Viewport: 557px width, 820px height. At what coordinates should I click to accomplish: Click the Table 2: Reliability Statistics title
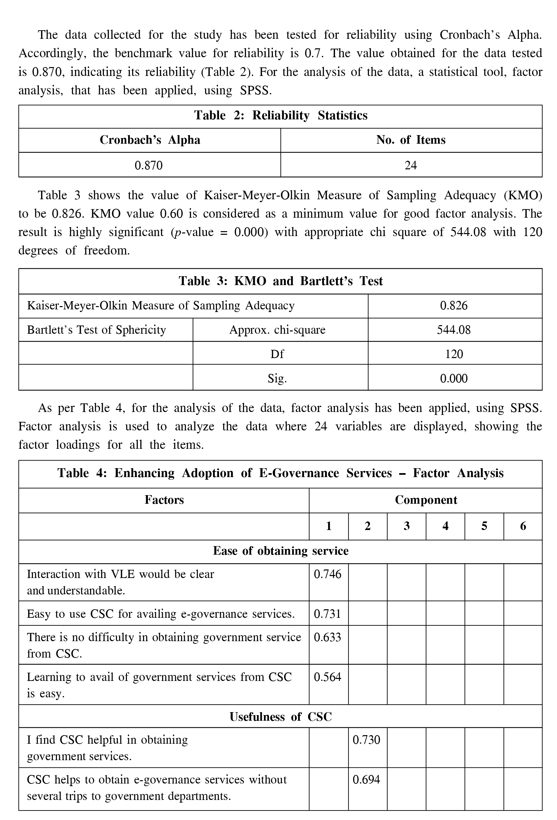(280, 115)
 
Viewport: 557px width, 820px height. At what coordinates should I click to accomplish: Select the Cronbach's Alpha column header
(150, 140)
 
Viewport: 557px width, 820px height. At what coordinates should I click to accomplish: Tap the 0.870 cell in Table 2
(149, 165)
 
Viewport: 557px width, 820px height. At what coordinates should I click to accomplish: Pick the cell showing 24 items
(411, 165)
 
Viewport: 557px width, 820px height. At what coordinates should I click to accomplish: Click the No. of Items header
(411, 140)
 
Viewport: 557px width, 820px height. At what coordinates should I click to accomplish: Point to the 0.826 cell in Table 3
(454, 305)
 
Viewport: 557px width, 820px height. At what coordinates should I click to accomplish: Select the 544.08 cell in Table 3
(454, 330)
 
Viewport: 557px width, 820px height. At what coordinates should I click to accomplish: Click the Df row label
(277, 354)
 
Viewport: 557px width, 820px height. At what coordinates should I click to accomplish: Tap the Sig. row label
(277, 378)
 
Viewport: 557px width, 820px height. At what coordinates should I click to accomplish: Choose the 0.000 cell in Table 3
(454, 378)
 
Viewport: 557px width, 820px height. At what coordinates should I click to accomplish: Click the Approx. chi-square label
(277, 330)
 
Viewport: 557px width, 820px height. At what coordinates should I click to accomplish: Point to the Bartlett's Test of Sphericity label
(96, 330)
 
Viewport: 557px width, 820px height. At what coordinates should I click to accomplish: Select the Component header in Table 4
(426, 500)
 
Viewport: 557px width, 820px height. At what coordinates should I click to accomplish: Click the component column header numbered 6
(523, 526)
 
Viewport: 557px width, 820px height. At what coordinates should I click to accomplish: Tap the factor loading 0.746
(327, 574)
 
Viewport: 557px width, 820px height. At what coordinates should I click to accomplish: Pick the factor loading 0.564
(327, 677)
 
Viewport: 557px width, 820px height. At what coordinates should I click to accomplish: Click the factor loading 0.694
(366, 780)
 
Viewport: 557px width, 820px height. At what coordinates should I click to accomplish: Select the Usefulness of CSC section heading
(280, 717)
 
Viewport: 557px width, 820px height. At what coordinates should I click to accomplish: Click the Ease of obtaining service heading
(280, 551)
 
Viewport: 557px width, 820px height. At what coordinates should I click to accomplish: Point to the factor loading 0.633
(327, 637)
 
